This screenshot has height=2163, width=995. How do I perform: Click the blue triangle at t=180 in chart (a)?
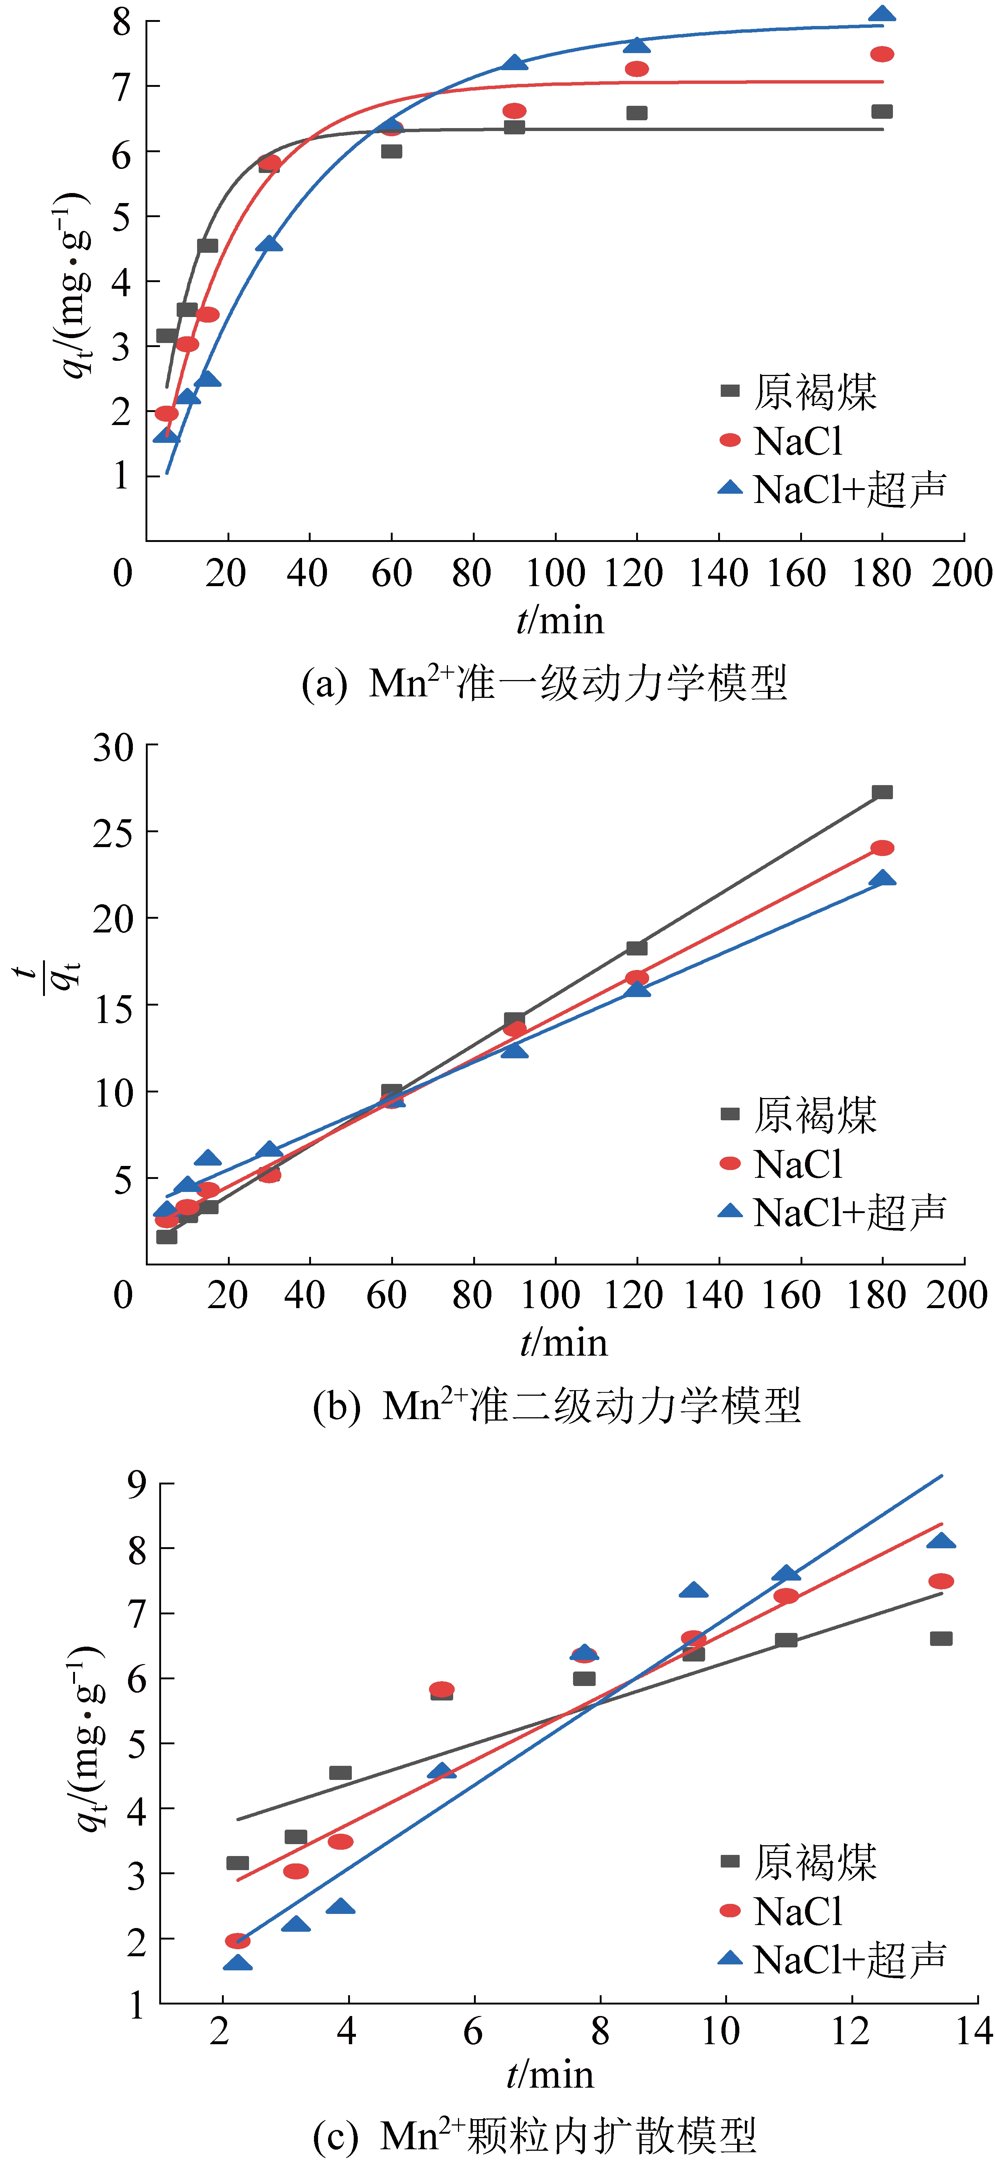click(882, 14)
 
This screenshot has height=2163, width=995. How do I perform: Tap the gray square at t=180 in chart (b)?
click(882, 792)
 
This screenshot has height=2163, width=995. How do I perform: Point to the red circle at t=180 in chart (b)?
click(882, 848)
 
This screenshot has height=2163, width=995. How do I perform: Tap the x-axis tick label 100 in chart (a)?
click(554, 574)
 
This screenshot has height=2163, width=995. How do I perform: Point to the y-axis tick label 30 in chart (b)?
click(113, 746)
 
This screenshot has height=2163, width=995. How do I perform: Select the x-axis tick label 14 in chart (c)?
click(974, 2032)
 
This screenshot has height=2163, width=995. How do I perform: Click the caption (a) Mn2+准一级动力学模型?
click(544, 683)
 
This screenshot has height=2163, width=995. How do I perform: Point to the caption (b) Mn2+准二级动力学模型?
click(556, 1405)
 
